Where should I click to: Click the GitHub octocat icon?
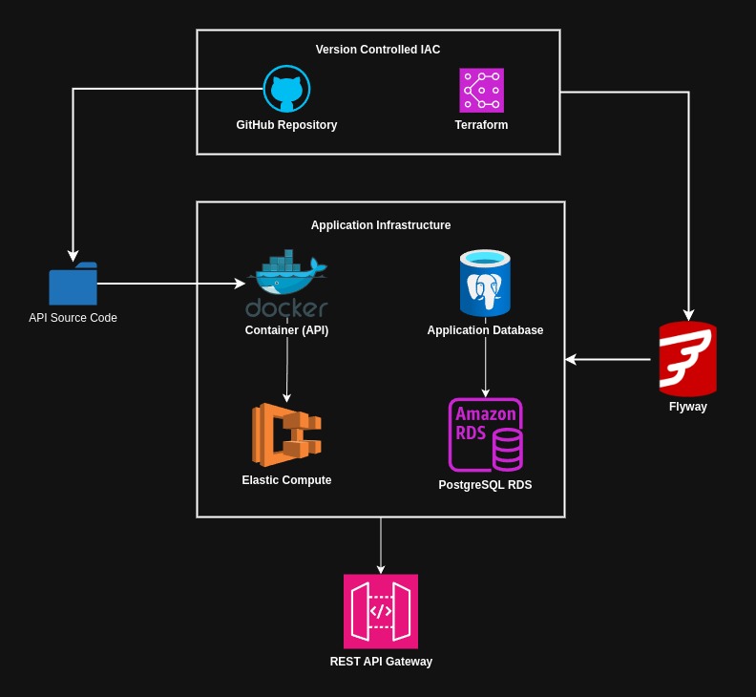(x=286, y=90)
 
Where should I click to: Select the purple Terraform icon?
(x=481, y=91)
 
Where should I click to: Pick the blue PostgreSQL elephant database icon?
(x=485, y=284)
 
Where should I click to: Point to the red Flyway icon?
(x=687, y=359)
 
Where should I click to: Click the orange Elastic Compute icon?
(x=286, y=434)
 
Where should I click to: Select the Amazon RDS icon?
(x=485, y=434)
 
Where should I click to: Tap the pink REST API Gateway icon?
(x=381, y=611)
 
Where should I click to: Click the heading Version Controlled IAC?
(x=378, y=50)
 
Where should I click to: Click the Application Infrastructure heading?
(x=381, y=225)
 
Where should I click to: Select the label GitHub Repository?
(x=286, y=125)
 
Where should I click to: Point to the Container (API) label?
(x=286, y=330)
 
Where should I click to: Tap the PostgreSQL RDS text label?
(x=485, y=485)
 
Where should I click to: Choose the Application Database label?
(x=485, y=330)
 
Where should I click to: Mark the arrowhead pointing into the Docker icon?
(x=241, y=284)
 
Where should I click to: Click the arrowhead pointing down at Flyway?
(x=687, y=314)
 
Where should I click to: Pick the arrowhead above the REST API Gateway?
(x=381, y=569)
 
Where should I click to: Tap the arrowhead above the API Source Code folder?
(x=73, y=256)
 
